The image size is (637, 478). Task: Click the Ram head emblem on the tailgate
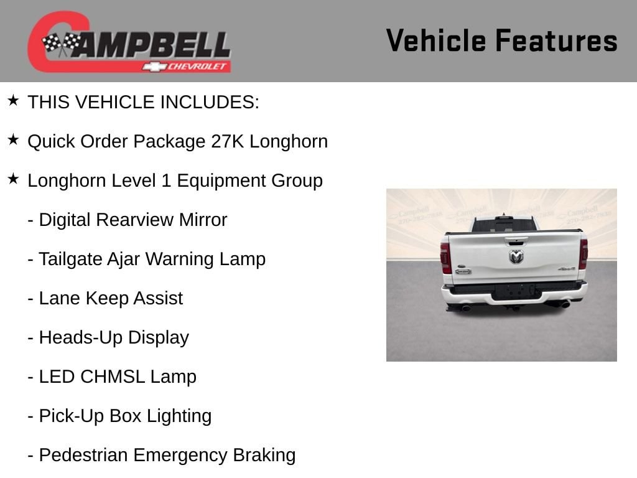[516, 256]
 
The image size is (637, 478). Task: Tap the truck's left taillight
[445, 258]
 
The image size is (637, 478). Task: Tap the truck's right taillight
[584, 254]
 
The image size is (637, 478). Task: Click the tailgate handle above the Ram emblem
[516, 241]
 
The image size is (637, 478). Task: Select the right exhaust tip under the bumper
[565, 304]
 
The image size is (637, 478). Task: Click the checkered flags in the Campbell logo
[62, 44]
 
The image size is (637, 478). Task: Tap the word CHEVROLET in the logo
[196, 66]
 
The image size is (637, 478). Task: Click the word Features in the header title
[557, 40]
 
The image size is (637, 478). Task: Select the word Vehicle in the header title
[436, 40]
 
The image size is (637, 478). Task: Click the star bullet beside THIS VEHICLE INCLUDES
[14, 100]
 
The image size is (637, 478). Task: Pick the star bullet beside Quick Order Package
[14, 139]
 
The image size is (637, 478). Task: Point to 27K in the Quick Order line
[228, 141]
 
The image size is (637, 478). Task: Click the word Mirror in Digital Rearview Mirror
[203, 220]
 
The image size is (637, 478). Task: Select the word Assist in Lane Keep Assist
[159, 298]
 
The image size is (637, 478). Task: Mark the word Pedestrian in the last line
[83, 455]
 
